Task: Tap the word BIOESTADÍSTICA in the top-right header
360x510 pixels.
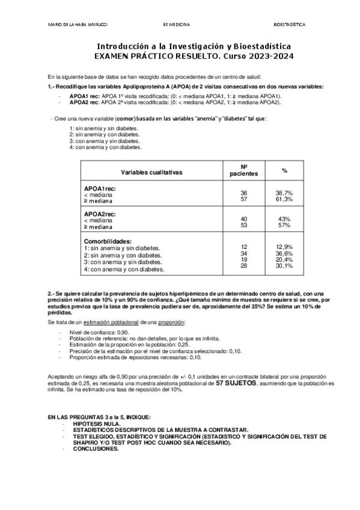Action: pyautogui.click(x=289, y=25)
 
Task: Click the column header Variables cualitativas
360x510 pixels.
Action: pyautogui.click(x=151, y=172)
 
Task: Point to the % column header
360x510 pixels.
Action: pyautogui.click(x=284, y=171)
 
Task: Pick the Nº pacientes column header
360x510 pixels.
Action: pyautogui.click(x=244, y=170)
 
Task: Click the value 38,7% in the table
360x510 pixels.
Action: pyautogui.click(x=284, y=192)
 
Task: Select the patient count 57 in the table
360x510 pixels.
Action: pyautogui.click(x=244, y=198)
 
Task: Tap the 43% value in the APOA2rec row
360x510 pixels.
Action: pyautogui.click(x=284, y=219)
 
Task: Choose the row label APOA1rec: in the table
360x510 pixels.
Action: pyautogui.click(x=100, y=189)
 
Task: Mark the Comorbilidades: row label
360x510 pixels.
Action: pyautogui.click(x=108, y=241)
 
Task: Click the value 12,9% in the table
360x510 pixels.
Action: pyautogui.click(x=284, y=247)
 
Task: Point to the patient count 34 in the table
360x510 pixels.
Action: pyautogui.click(x=244, y=253)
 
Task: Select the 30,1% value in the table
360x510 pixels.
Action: pyautogui.click(x=284, y=265)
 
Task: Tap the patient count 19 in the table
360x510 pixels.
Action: pyautogui.click(x=244, y=259)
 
